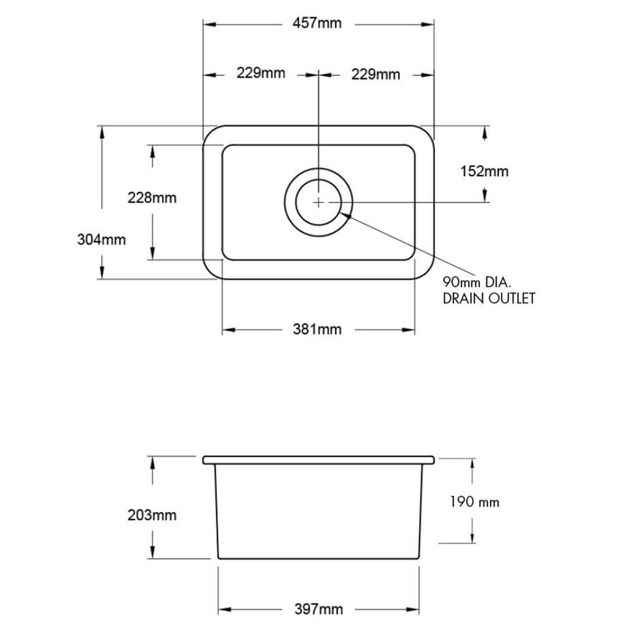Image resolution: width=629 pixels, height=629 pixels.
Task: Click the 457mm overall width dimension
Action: (x=318, y=24)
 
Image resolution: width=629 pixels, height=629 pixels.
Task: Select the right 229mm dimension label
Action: (x=375, y=75)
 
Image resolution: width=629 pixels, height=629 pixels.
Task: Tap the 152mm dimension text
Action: (x=483, y=171)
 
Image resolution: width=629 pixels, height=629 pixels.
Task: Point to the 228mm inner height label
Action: (x=152, y=198)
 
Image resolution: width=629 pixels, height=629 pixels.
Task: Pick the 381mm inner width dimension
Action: (x=318, y=329)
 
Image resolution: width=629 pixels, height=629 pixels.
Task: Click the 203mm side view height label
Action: (x=152, y=515)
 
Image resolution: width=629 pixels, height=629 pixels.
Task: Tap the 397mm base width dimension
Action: (x=319, y=610)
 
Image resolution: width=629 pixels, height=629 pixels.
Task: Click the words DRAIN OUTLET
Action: (x=489, y=298)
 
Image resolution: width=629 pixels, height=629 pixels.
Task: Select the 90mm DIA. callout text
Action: (x=476, y=283)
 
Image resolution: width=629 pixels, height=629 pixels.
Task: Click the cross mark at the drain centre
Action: (x=318, y=202)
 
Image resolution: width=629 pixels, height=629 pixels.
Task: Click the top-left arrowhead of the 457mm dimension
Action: (x=208, y=24)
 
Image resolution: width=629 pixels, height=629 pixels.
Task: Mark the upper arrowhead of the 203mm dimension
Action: (x=152, y=462)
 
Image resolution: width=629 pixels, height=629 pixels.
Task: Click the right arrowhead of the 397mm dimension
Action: (x=415, y=610)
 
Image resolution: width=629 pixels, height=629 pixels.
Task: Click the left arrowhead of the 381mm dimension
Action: (x=227, y=330)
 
